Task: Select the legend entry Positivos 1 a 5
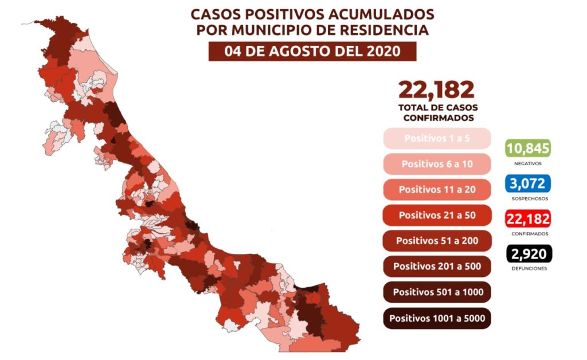tap(437, 138)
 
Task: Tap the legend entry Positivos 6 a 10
tap(437, 164)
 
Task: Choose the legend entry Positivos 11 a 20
tap(437, 189)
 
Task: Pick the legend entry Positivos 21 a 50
tap(437, 215)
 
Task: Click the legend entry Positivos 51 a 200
tap(437, 241)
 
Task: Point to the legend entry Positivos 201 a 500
tap(437, 267)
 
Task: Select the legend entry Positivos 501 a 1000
tap(437, 292)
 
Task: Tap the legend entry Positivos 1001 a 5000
tap(437, 318)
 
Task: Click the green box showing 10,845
tap(528, 148)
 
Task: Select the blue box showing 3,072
tap(528, 183)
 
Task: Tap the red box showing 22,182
tap(528, 218)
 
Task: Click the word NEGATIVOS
tap(528, 163)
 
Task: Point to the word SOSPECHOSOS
tap(528, 198)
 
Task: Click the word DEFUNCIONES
tap(528, 268)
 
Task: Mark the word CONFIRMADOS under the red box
tap(528, 233)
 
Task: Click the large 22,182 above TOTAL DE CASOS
tap(437, 90)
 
